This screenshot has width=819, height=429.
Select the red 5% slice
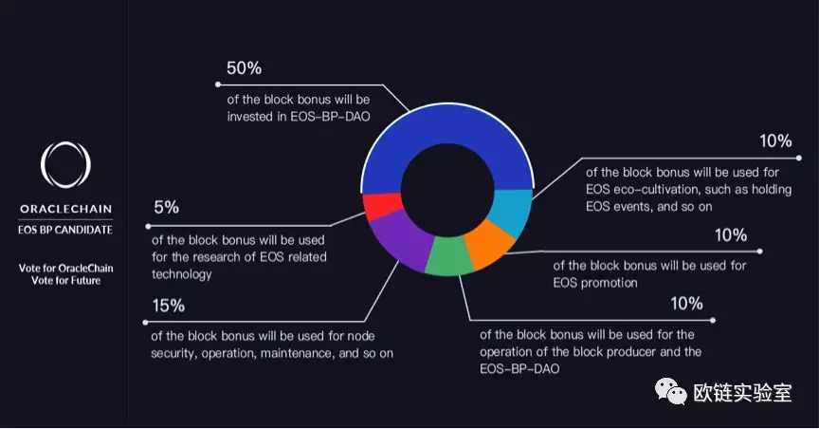tap(383, 206)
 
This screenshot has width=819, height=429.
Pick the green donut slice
tap(448, 256)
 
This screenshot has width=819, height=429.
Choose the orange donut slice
tap(490, 242)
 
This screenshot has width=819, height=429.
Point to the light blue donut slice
tap(512, 212)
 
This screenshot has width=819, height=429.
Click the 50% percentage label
tap(244, 68)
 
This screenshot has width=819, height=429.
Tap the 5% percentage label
tap(166, 208)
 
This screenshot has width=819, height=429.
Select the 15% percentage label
tap(168, 306)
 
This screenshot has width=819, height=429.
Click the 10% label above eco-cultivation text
tap(775, 140)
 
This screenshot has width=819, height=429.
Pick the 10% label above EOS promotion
tap(731, 235)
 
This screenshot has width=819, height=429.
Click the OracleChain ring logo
tap(65, 165)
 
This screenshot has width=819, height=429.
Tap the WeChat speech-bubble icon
tap(671, 392)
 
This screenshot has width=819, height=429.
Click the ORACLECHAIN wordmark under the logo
tap(65, 209)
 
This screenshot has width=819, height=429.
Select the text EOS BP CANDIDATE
tap(65, 230)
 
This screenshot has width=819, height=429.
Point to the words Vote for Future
tap(65, 280)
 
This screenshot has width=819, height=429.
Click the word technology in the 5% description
tap(182, 274)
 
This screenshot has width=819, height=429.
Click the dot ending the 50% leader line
tap(218, 84)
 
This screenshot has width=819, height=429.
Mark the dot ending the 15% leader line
tap(145, 323)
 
